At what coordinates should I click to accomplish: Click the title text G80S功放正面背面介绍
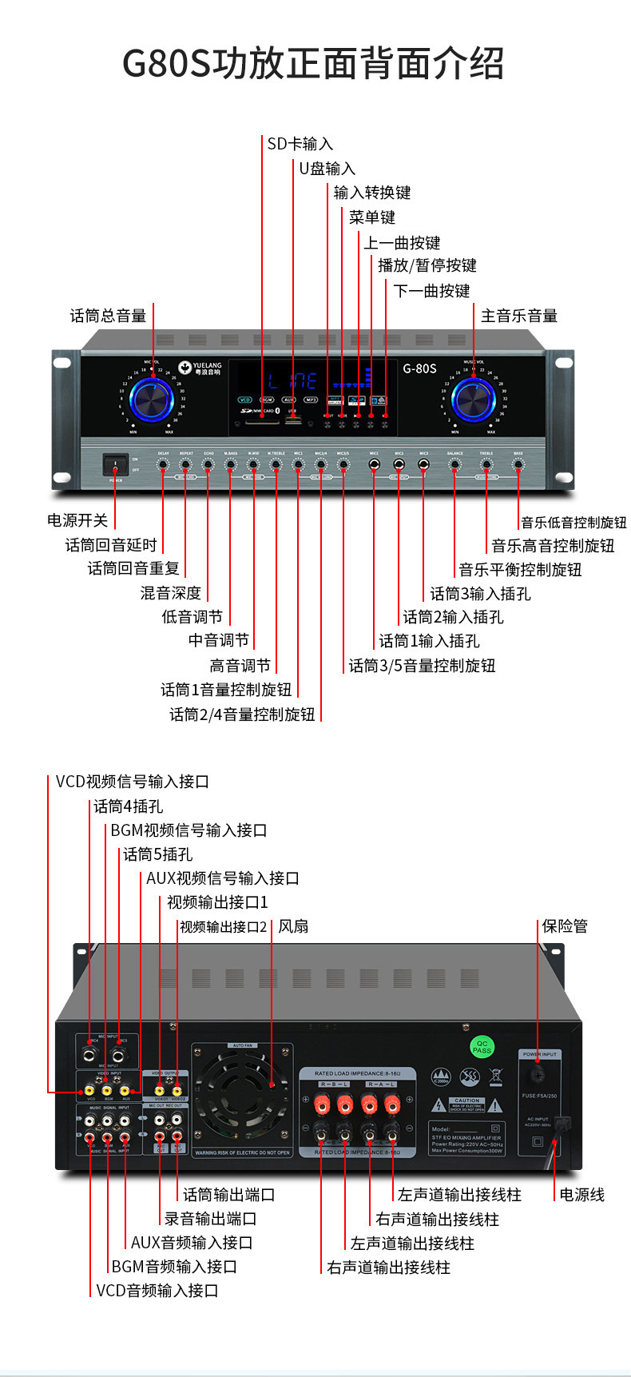313,64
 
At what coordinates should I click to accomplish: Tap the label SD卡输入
300,144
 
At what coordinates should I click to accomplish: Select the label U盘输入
327,169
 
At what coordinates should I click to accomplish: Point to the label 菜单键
371,217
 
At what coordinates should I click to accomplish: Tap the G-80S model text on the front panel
419,368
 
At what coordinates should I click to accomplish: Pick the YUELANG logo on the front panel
200,368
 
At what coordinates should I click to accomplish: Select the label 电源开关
77,520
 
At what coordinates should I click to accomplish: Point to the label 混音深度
170,593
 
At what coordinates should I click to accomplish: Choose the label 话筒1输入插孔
429,641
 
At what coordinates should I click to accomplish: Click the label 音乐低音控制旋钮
573,523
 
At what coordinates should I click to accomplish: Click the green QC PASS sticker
482,1047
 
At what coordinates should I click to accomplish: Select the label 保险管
565,926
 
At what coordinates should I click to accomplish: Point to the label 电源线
581,1195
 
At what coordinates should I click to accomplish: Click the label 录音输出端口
210,1219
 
